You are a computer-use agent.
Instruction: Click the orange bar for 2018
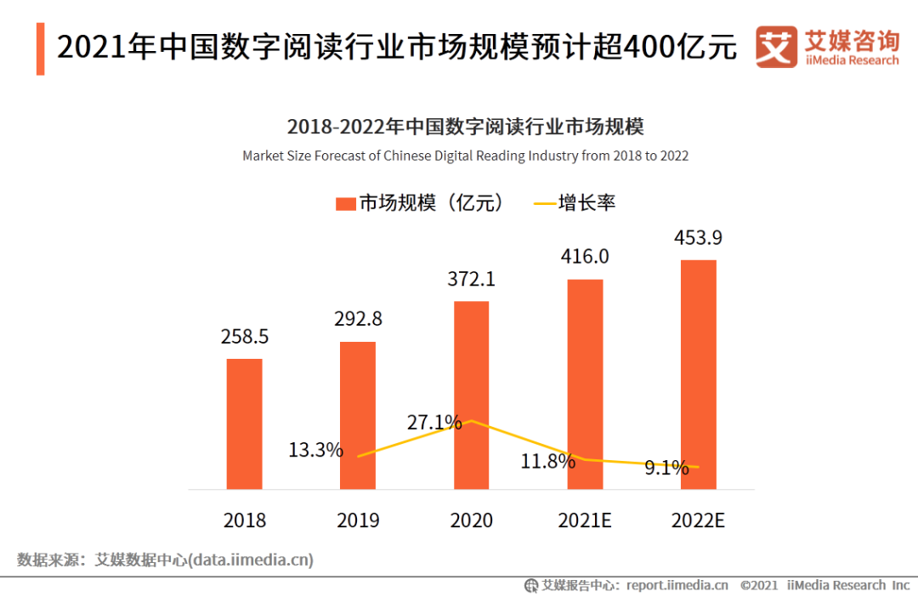[244, 424]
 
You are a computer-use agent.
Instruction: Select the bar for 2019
[358, 415]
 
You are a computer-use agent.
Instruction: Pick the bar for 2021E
[585, 384]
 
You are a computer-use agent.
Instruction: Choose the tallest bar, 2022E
[699, 374]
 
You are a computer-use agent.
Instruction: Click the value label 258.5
[244, 337]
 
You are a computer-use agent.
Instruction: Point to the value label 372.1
[471, 279]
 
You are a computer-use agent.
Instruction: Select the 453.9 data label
[699, 237]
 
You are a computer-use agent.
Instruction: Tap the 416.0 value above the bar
[585, 257]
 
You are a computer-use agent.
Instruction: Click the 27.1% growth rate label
[434, 422]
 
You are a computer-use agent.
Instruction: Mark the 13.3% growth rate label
[315, 450]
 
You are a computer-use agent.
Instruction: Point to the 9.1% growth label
[666, 467]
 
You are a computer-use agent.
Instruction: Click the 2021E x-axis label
[585, 520]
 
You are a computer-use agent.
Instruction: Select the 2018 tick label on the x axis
[244, 520]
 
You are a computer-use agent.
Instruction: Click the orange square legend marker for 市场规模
[345, 203]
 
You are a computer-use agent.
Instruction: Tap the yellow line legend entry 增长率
[574, 203]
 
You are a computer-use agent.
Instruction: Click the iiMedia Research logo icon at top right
[776, 47]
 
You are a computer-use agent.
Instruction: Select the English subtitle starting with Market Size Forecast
[465, 156]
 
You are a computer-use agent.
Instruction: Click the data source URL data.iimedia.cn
[251, 560]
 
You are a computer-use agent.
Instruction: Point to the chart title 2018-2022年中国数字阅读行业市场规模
[465, 128]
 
